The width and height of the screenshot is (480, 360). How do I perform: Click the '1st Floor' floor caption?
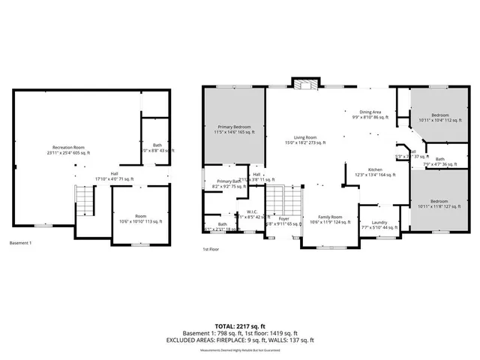[212, 249]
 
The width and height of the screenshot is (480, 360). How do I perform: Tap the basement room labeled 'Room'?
[141, 217]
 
